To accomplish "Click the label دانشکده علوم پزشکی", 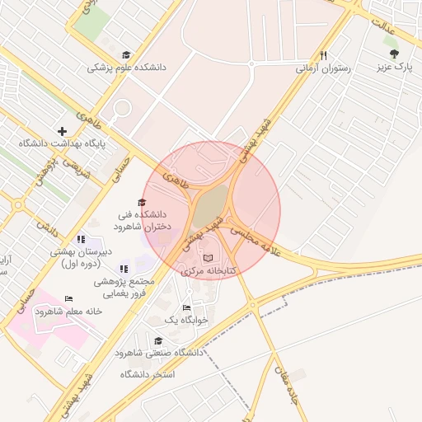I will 126,68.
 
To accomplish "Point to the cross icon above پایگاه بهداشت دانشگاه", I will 62,131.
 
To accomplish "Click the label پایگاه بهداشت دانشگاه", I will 62,143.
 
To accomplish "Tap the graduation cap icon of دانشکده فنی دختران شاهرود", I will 141,203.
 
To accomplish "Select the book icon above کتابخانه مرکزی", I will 207,258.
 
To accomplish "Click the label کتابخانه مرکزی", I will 209,270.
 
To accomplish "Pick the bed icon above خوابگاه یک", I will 187,307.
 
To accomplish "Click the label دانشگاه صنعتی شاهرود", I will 159,353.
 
